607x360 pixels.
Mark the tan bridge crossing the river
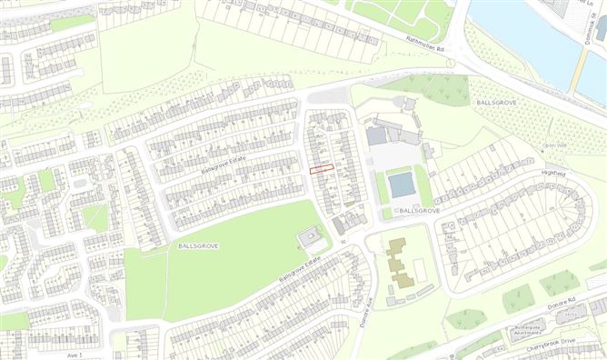[x=580, y=63]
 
